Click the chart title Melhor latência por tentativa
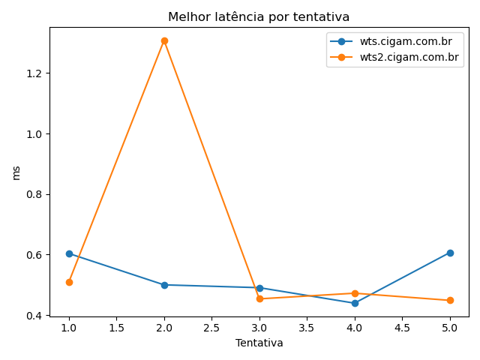click(x=259, y=16)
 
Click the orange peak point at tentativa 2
click(x=164, y=40)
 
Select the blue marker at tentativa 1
click(x=69, y=253)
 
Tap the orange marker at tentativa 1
click(x=69, y=282)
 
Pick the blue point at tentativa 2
click(x=164, y=285)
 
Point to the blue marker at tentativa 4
click(x=355, y=303)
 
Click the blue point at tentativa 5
click(x=450, y=253)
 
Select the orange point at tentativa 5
click(x=450, y=300)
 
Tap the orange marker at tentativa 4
click(x=355, y=293)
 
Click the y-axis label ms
click(x=16, y=172)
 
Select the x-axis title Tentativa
click(x=259, y=343)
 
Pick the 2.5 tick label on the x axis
click(x=211, y=328)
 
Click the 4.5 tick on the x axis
click(x=402, y=328)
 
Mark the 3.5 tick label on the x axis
click(x=307, y=328)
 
